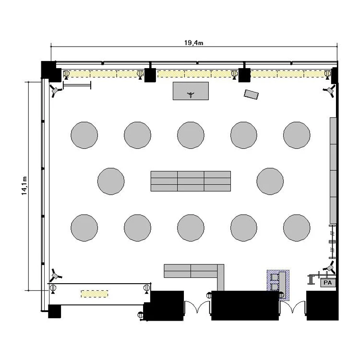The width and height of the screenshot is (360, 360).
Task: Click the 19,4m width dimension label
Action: (194, 43)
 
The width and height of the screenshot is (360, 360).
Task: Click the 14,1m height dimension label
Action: (24, 186)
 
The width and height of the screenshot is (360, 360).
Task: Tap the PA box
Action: (328, 283)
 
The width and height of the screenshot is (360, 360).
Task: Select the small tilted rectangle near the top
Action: (251, 95)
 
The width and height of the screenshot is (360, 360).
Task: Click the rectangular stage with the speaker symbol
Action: (191, 91)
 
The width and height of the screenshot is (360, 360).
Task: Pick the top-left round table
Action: (84, 135)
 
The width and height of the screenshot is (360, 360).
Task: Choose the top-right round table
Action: (297, 135)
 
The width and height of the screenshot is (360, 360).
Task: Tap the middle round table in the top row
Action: (191, 135)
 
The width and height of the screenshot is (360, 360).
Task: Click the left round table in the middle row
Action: (111, 181)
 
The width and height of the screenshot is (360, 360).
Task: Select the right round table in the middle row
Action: (270, 181)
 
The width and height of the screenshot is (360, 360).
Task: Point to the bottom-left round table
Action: (84, 228)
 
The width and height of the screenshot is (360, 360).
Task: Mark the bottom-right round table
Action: (297, 228)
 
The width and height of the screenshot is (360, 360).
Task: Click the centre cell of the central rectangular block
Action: (191, 181)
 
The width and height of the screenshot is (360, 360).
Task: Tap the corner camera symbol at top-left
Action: (55, 91)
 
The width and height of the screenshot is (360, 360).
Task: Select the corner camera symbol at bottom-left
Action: (56, 275)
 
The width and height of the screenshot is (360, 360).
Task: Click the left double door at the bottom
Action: (197, 307)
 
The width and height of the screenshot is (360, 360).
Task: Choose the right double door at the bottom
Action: (293, 307)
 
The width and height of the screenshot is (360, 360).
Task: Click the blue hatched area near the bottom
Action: (278, 285)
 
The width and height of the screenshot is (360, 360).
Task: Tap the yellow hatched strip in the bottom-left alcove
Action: (95, 294)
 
